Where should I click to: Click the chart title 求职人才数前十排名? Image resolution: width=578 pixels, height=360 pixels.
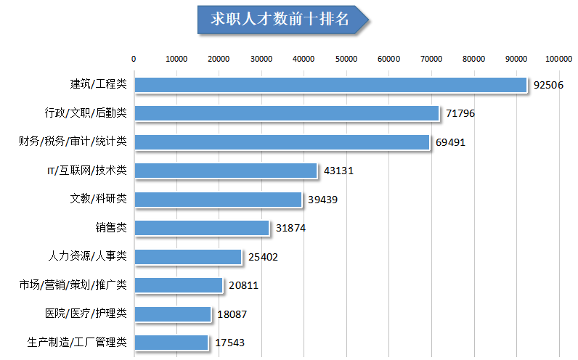click(280, 20)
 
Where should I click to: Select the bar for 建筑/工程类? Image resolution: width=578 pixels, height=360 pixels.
click(330, 85)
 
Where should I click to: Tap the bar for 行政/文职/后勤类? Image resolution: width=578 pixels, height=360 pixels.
click(287, 113)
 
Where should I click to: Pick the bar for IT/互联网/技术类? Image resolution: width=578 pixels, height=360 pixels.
click(226, 171)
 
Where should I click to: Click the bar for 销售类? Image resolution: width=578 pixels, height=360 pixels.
click(202, 228)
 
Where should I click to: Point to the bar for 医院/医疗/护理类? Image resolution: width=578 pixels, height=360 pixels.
click(173, 314)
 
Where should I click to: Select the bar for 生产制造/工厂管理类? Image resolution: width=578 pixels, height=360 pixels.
click(171, 342)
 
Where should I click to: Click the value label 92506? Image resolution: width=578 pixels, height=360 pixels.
click(548, 85)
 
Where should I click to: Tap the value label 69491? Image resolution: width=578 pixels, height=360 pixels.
click(450, 142)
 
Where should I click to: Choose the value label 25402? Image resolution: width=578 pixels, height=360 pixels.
click(263, 257)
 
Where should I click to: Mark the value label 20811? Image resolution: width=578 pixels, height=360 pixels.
click(243, 285)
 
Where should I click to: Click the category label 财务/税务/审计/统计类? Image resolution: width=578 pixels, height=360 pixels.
click(73, 142)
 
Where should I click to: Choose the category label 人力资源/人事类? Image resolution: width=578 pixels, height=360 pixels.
click(87, 256)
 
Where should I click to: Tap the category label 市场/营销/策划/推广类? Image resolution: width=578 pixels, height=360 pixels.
click(73, 285)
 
